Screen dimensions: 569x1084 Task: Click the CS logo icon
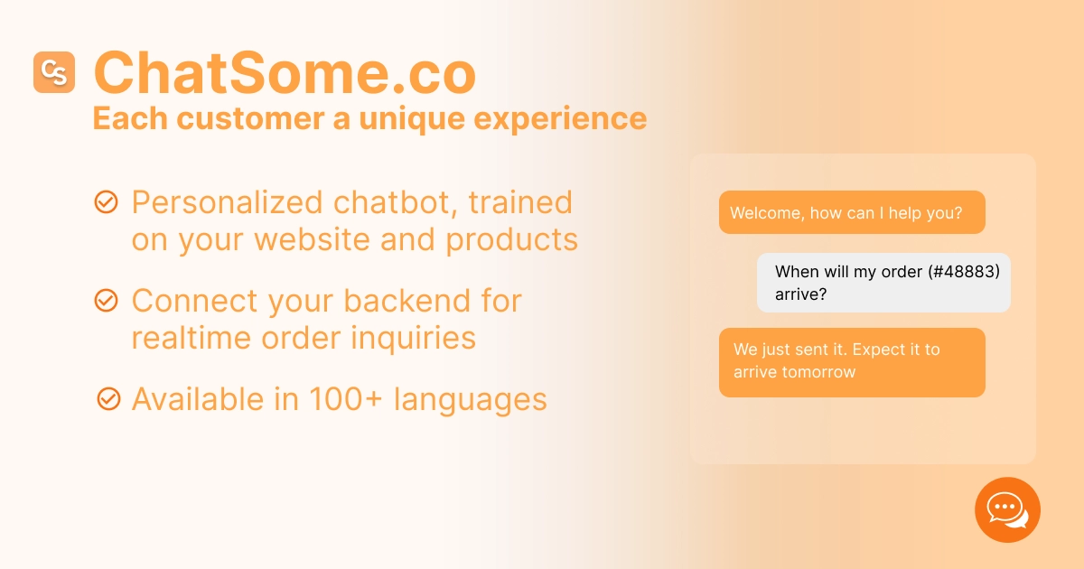tap(54, 72)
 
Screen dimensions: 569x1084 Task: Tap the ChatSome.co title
tap(285, 73)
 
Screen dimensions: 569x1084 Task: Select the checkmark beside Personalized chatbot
tap(107, 202)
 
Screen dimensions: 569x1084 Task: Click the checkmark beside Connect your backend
tap(107, 300)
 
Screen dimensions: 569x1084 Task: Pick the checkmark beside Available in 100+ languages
tap(108, 397)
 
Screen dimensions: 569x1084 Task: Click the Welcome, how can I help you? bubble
tap(851, 213)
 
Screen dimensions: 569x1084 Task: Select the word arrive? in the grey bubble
tap(800, 294)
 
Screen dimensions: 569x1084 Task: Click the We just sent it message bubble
tap(851, 361)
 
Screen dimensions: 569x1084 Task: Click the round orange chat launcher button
tap(1007, 509)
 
